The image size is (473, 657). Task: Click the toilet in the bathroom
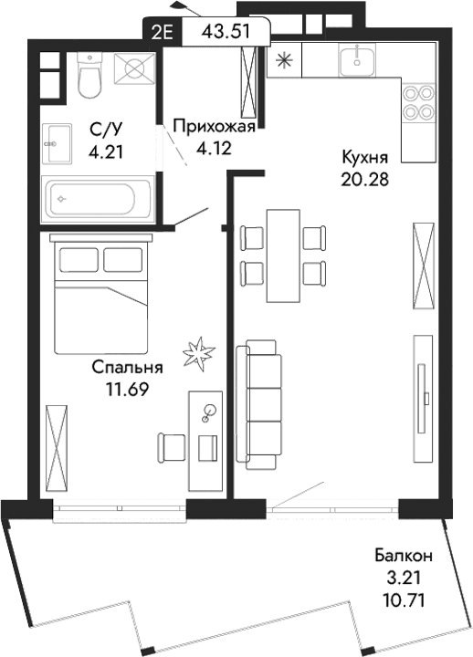pos(89,76)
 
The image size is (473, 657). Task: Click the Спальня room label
pos(127,369)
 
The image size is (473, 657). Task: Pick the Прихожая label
pos(211,126)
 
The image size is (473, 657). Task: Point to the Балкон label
pos(403,555)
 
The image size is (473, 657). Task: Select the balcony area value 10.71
pos(404,601)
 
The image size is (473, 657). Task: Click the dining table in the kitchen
pos(282,255)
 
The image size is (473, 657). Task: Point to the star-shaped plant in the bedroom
pos(199,352)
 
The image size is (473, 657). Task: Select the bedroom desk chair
pos(172,446)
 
